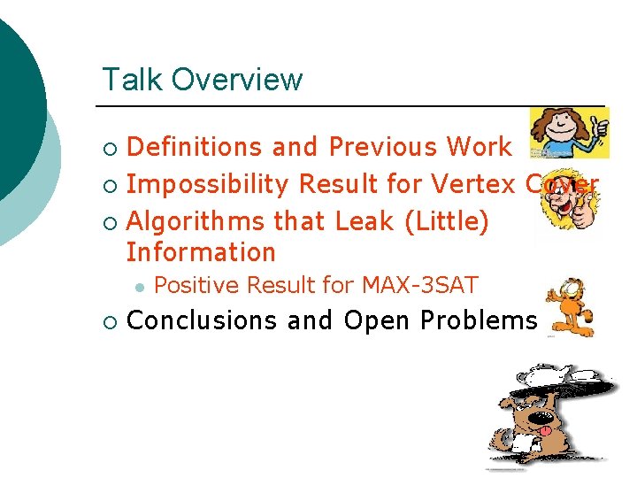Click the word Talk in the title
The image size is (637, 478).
[x=133, y=80]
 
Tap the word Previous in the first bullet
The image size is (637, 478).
[x=383, y=147]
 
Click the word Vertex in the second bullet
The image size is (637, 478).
[x=472, y=184]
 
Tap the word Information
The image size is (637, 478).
[x=201, y=253]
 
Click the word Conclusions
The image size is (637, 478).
[x=203, y=320]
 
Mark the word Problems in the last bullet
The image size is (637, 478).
[x=479, y=320]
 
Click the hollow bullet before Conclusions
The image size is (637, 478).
[x=109, y=321]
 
